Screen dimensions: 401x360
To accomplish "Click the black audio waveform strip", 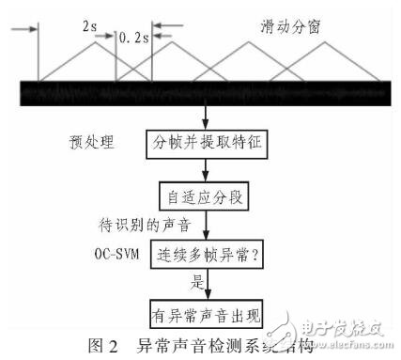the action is pyautogui.click(x=200, y=93).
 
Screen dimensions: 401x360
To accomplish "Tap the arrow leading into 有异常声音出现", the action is pyautogui.click(x=208, y=286).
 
